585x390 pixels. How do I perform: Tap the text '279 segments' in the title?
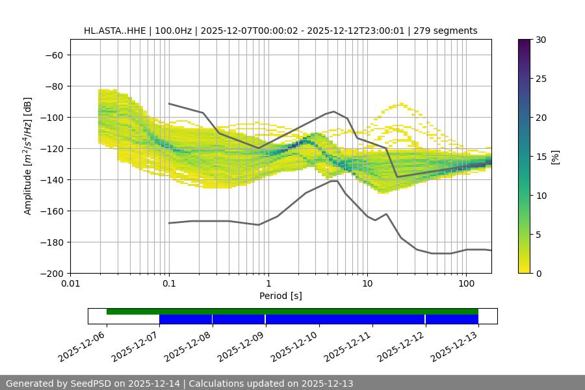pyautogui.click(x=449, y=31)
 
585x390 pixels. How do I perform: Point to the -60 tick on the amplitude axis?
pyautogui.click(x=53, y=55)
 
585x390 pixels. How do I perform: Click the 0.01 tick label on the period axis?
pyautogui.click(x=70, y=284)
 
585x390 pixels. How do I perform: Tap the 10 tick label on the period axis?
pyautogui.click(x=367, y=284)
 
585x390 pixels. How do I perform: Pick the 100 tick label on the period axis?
pyautogui.click(x=465, y=284)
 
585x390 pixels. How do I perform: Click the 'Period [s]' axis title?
pyautogui.click(x=280, y=296)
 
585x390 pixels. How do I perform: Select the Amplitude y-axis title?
pyautogui.click(x=28, y=156)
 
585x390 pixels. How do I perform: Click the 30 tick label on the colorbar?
pyautogui.click(x=541, y=40)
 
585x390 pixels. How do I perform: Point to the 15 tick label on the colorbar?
pyautogui.click(x=541, y=157)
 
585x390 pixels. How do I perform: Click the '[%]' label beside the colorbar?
pyautogui.click(x=556, y=157)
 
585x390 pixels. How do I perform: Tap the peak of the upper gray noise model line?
pyautogui.click(x=333, y=111)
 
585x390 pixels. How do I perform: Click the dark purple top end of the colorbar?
pyautogui.click(x=525, y=42)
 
